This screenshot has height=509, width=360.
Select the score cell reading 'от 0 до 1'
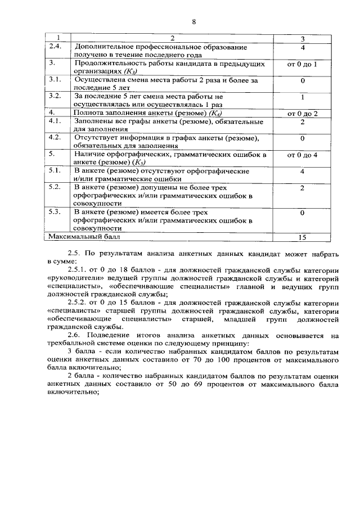tap(302, 64)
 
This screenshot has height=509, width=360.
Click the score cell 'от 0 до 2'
tap(302, 113)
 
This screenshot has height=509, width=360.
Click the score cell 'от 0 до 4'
tap(302, 154)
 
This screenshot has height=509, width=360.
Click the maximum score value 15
tap(302, 237)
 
